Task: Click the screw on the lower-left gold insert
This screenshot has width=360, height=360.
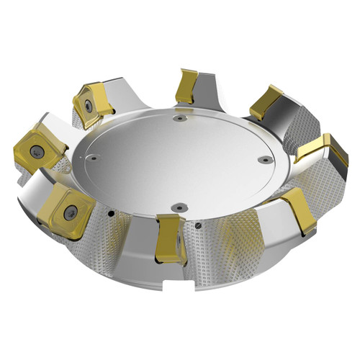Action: pyautogui.click(x=70, y=211)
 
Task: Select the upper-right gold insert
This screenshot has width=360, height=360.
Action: pyautogui.click(x=267, y=102)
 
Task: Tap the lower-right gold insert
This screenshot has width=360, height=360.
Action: pyautogui.click(x=300, y=210)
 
